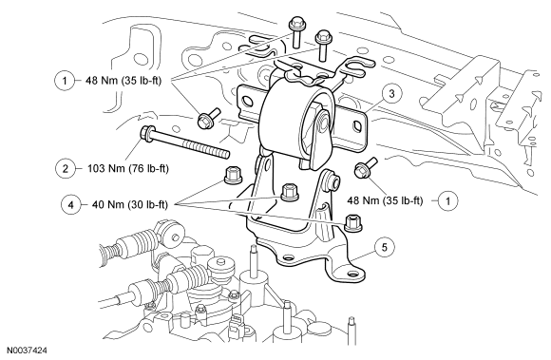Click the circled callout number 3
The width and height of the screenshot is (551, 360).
tap(391, 94)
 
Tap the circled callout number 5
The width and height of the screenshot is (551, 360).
tap(385, 247)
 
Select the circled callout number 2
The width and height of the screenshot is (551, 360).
tap(66, 169)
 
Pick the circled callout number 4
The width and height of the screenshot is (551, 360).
tap(70, 204)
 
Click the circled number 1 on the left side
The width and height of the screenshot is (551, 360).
tap(65, 81)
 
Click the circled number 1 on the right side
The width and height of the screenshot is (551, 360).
tap(447, 201)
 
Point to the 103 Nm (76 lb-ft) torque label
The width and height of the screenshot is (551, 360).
tap(128, 169)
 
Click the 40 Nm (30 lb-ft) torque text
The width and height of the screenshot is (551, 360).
tap(130, 204)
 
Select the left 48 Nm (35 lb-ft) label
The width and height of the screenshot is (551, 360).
tap(123, 81)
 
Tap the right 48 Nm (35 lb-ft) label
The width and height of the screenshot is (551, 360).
tap(385, 200)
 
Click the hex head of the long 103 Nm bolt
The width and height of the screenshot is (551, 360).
tap(147, 135)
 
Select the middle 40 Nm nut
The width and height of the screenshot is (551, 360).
tap(291, 193)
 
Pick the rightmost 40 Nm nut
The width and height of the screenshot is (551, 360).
tap(353, 222)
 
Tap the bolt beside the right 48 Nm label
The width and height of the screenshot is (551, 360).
tap(366, 168)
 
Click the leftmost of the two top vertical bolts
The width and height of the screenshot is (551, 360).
tap(295, 31)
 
